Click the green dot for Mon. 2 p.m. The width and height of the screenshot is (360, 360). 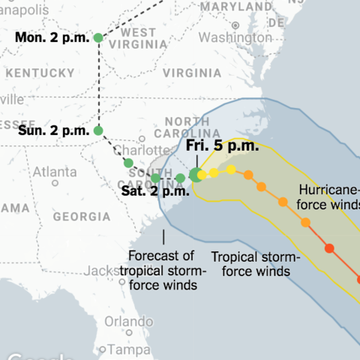click(98, 37)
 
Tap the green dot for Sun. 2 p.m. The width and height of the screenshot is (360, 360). click(98, 130)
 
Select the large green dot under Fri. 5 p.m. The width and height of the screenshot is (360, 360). click(195, 175)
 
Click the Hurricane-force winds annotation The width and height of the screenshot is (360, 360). click(331, 196)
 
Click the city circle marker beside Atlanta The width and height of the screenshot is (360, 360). click(55, 182)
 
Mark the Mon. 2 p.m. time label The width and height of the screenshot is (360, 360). click(51, 37)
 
